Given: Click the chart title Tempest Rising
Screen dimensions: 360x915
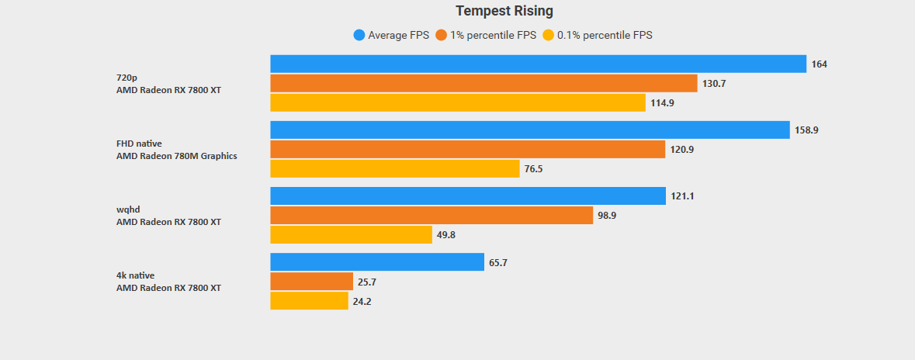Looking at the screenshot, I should [x=504, y=11].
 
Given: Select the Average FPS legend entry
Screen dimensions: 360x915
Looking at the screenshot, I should [x=391, y=35].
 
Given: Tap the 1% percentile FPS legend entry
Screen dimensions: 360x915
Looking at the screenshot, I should [x=486, y=35].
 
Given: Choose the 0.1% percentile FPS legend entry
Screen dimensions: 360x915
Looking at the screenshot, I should [x=598, y=35].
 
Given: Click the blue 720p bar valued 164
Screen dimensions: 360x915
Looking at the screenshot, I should [x=538, y=64].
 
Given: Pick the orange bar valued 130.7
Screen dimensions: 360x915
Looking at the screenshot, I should [x=483, y=83].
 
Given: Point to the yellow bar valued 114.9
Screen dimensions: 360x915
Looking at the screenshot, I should [x=458, y=102].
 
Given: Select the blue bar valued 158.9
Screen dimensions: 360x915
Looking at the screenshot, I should [x=530, y=130].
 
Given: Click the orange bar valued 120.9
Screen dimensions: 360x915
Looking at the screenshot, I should [x=467, y=149].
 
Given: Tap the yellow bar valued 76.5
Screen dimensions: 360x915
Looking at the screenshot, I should [x=394, y=168].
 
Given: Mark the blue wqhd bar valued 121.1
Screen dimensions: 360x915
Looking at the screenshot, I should [x=468, y=196].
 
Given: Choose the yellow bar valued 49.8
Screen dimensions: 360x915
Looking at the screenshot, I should [x=351, y=234].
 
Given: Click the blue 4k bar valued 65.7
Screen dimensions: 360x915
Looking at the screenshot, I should [x=377, y=262].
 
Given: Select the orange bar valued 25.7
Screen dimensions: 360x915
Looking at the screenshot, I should [x=311, y=282].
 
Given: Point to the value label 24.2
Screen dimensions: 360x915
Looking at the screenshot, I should [x=362, y=301].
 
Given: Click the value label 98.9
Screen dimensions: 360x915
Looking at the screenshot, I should [x=607, y=215].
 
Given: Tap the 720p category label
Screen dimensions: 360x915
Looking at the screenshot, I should [x=127, y=78].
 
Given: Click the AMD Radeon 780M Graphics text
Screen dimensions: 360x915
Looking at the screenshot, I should [x=176, y=155].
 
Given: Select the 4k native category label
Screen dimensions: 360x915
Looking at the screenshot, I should [x=135, y=275].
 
